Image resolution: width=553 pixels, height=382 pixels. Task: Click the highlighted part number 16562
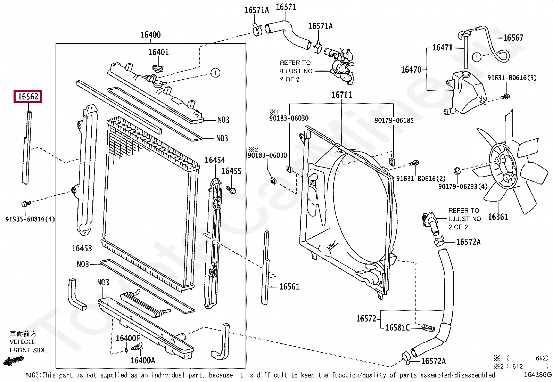(x=28, y=96)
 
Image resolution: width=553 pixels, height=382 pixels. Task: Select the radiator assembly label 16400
(x=151, y=35)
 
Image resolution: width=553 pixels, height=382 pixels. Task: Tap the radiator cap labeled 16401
(x=158, y=68)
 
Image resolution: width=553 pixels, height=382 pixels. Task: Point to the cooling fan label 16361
(x=498, y=217)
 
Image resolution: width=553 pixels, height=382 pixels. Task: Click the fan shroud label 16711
(x=342, y=95)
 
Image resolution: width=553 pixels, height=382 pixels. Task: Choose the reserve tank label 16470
(x=411, y=70)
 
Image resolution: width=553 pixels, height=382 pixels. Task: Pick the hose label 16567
(x=513, y=38)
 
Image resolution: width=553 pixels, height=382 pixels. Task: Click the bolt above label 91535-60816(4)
(x=26, y=204)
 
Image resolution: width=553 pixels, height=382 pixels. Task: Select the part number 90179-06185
(x=394, y=120)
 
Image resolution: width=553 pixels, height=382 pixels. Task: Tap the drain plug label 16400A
(x=143, y=360)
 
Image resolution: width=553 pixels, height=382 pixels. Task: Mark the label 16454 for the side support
(x=215, y=160)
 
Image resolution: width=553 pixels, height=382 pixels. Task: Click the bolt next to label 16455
(x=231, y=190)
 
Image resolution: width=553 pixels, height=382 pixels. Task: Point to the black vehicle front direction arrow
(x=14, y=361)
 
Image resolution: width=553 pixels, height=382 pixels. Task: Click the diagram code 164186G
(x=537, y=375)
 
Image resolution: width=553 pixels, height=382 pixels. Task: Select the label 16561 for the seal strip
(x=289, y=287)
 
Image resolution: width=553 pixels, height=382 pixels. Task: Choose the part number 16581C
(x=397, y=328)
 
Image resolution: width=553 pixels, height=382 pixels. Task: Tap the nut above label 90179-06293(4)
(x=457, y=171)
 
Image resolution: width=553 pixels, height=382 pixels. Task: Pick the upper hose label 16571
(x=286, y=7)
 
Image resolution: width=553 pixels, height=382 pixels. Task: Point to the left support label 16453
(x=82, y=248)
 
